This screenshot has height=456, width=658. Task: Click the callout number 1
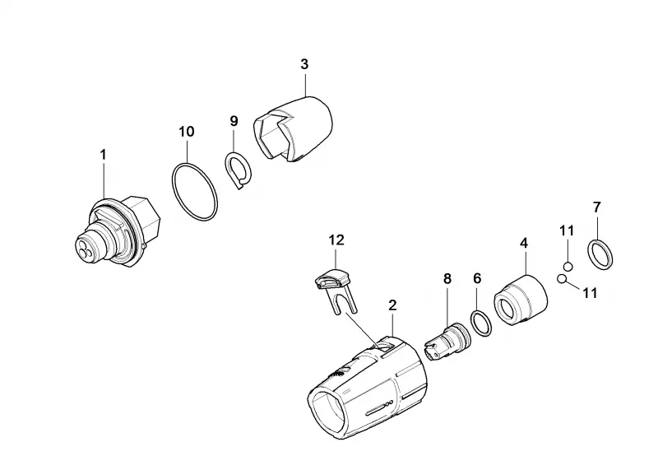[x=103, y=155]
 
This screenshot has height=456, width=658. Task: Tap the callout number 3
[x=304, y=64]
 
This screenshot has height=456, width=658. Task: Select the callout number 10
[x=187, y=132]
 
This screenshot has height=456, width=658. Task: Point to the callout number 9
[x=234, y=121]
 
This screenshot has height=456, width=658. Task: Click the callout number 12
[x=336, y=240]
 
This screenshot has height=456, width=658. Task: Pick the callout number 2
[x=392, y=305]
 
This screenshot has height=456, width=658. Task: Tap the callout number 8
[x=447, y=278]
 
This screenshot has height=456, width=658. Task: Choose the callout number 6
[x=477, y=278]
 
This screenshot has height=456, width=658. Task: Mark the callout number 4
[x=524, y=243]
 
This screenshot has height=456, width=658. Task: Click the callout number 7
[x=597, y=207]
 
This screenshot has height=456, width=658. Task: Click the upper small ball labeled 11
[x=568, y=266]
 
